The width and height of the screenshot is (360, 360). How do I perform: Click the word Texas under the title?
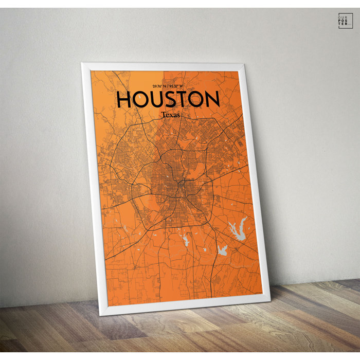pyautogui.click(x=170, y=115)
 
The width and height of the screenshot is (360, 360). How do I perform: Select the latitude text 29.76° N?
pyautogui.click(x=161, y=85)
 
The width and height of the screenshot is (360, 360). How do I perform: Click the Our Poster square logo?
pyautogui.click(x=345, y=21)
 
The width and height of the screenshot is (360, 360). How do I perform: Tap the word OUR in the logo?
pyautogui.click(x=345, y=16)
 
